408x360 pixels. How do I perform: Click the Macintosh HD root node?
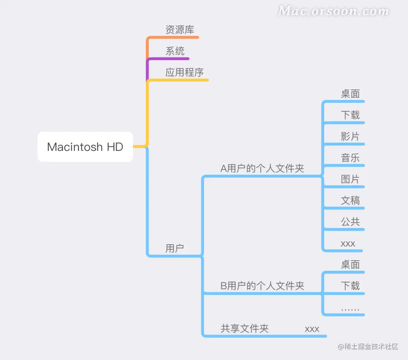click(85, 147)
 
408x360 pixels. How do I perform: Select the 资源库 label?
click(180, 29)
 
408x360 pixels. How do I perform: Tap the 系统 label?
click(175, 51)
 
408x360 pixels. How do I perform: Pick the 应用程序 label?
click(185, 72)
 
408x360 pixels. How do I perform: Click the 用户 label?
click(175, 248)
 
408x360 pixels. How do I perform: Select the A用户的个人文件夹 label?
click(262, 168)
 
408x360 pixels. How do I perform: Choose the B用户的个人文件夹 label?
click(262, 286)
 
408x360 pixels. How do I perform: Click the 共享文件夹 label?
click(244, 329)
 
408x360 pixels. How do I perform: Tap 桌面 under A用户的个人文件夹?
click(350, 94)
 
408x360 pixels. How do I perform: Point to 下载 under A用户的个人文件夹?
click(350, 115)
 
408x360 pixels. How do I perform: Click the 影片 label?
click(350, 136)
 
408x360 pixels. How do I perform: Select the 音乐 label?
click(350, 158)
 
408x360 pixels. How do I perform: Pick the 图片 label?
click(350, 179)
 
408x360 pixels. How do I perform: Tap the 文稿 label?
click(350, 200)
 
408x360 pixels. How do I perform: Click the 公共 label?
click(350, 222)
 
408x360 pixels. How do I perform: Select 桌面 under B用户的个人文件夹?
click(350, 264)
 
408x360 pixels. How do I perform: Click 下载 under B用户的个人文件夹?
click(350, 286)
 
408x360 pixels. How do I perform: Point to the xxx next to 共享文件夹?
click(312, 329)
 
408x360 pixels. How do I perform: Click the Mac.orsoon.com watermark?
click(333, 11)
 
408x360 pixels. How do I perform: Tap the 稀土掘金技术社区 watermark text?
click(368, 346)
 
